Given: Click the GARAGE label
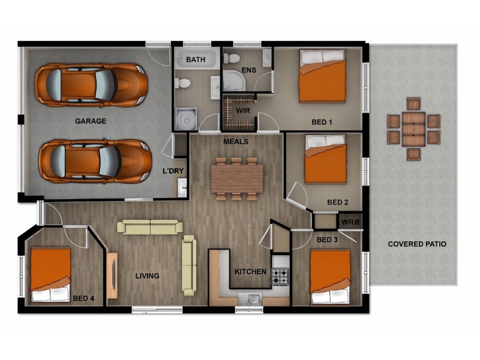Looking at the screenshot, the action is pyautogui.click(x=91, y=121).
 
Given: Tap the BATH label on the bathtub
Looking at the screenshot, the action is pyautogui.click(x=196, y=59).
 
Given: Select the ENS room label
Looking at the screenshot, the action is pyautogui.click(x=249, y=70).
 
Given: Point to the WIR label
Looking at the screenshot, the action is pyautogui.click(x=243, y=110).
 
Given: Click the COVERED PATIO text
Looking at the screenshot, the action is pyautogui.click(x=417, y=244).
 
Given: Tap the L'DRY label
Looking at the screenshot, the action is pyautogui.click(x=173, y=171).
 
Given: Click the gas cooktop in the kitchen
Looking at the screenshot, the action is pyautogui.click(x=280, y=277).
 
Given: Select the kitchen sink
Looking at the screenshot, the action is pyautogui.click(x=250, y=298).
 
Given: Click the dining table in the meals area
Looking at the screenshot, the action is pyautogui.click(x=237, y=179).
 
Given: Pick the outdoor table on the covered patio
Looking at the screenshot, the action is pyautogui.click(x=413, y=129).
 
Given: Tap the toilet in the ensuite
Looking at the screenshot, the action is pyautogui.click(x=232, y=58).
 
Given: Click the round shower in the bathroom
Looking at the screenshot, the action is pyautogui.click(x=186, y=119).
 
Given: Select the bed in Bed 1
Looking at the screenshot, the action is pyautogui.click(x=323, y=76).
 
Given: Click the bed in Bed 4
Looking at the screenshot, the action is pyautogui.click(x=50, y=275).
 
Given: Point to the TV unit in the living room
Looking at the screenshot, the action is pyautogui.click(x=112, y=275).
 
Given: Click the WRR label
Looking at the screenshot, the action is pyautogui.click(x=350, y=222).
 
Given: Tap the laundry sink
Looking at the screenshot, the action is pyautogui.click(x=182, y=187).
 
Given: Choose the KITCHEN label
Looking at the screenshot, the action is pyautogui.click(x=250, y=272).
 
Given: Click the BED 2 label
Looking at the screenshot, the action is pyautogui.click(x=338, y=202).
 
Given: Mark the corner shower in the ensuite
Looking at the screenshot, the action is pyautogui.click(x=233, y=80).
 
